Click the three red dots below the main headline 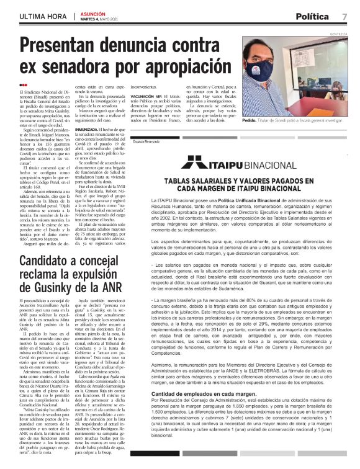24,85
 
